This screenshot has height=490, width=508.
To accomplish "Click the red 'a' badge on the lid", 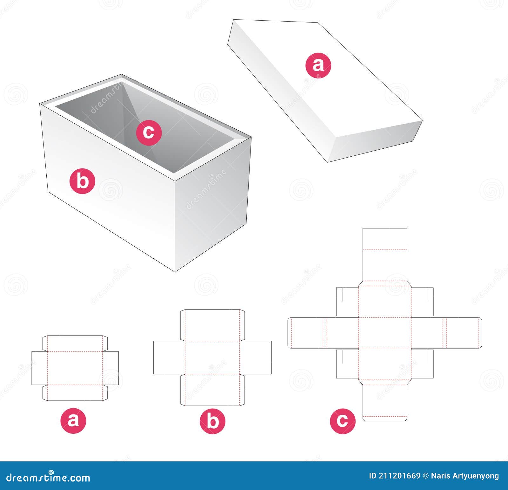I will pos(318,65).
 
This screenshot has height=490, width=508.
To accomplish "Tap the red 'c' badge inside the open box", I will pos(149,132).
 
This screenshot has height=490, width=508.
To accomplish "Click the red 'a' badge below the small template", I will pos(73,421).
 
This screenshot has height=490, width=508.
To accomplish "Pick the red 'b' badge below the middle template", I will pos(212,421).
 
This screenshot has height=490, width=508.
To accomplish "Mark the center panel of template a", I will pos(75,368).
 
